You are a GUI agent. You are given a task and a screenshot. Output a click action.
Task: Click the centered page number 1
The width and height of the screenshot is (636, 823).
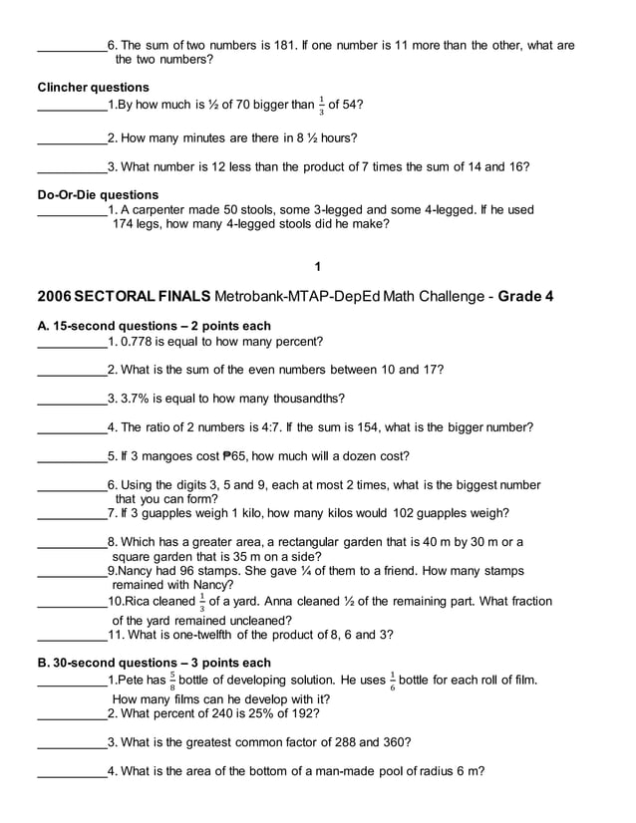click(x=317, y=267)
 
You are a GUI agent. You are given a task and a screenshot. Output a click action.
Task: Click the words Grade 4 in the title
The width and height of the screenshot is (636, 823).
click(x=525, y=297)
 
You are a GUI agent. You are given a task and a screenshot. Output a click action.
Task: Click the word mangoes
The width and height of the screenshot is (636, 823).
click(x=167, y=456)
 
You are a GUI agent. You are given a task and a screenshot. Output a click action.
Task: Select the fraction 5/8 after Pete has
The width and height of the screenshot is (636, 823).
click(x=172, y=682)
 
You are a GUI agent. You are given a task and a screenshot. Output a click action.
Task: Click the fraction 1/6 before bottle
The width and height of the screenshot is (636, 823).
click(x=392, y=682)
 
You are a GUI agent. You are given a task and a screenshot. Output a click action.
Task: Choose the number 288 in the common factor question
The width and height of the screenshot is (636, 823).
click(x=345, y=742)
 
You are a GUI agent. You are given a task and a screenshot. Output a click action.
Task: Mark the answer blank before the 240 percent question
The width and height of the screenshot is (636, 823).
click(x=71, y=714)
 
